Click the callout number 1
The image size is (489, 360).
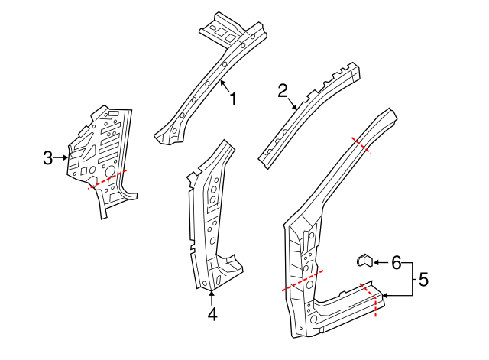pyautogui.click(x=233, y=99)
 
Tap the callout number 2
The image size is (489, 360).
pyautogui.click(x=283, y=91)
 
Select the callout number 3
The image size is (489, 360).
pyautogui.click(x=47, y=158)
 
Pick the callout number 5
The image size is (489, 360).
pyautogui.click(x=423, y=280)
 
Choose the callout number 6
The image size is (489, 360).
pyautogui.click(x=396, y=263)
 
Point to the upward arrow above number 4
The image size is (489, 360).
pyautogui.click(x=212, y=294)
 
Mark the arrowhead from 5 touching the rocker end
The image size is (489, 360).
pyautogui.click(x=385, y=296)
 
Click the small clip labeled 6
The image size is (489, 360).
pyautogui.click(x=364, y=261)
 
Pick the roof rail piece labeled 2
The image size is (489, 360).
pyautogui.click(x=309, y=111)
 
